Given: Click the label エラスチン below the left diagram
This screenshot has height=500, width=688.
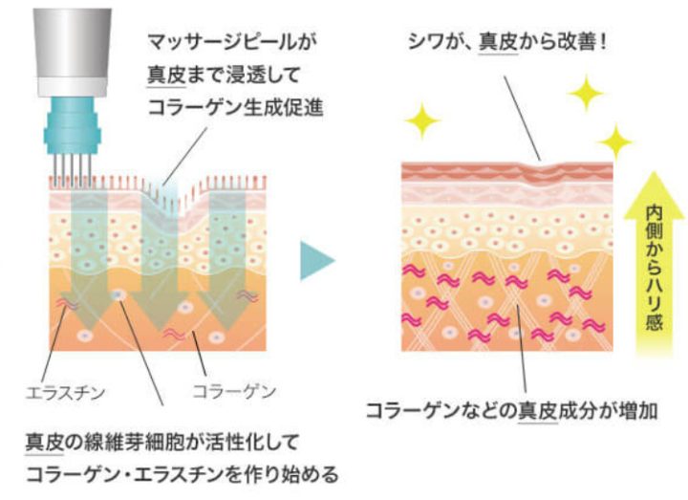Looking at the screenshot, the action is [65, 392].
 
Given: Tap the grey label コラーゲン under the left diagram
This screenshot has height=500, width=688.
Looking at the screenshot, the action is [234, 391].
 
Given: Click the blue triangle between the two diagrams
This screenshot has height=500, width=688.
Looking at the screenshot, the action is [317, 260].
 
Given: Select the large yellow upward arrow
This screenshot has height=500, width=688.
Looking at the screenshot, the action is [654, 264].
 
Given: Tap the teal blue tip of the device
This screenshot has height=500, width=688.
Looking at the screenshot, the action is [73, 126].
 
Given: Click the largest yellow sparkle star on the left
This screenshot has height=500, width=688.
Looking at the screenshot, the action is [422, 120].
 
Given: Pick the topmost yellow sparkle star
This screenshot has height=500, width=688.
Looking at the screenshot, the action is [586, 93].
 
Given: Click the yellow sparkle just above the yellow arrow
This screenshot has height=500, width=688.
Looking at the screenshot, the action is [615, 141].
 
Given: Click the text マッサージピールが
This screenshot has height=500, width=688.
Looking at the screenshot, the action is [232, 42].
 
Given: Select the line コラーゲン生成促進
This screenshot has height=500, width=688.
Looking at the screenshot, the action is [236, 107].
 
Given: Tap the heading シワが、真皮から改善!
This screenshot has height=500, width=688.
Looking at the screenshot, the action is [507, 42].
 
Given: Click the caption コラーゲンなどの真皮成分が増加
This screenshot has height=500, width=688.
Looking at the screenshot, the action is [511, 411].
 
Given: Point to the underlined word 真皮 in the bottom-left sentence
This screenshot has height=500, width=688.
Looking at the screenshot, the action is [44, 442].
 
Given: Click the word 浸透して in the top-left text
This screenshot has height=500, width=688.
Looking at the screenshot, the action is [264, 75].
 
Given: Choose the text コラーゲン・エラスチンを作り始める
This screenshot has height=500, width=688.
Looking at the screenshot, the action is [183, 474].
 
